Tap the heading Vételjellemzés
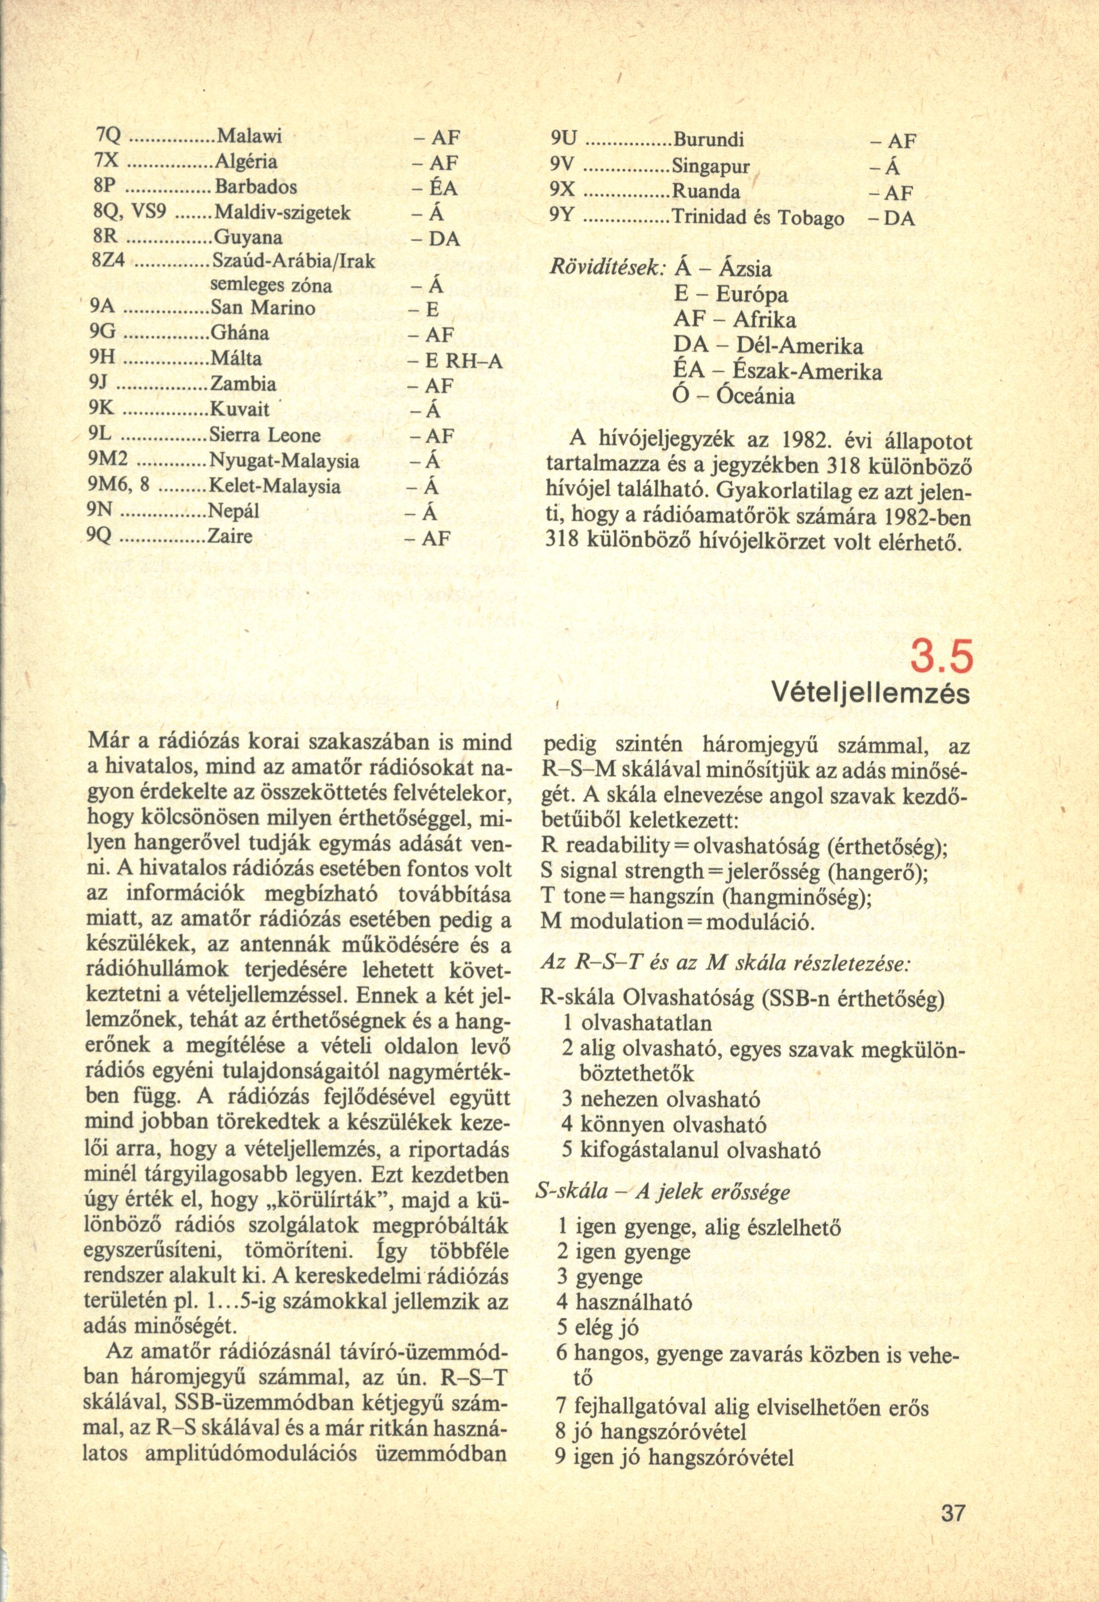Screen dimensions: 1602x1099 [870, 693]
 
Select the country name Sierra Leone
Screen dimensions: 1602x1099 [265, 435]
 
